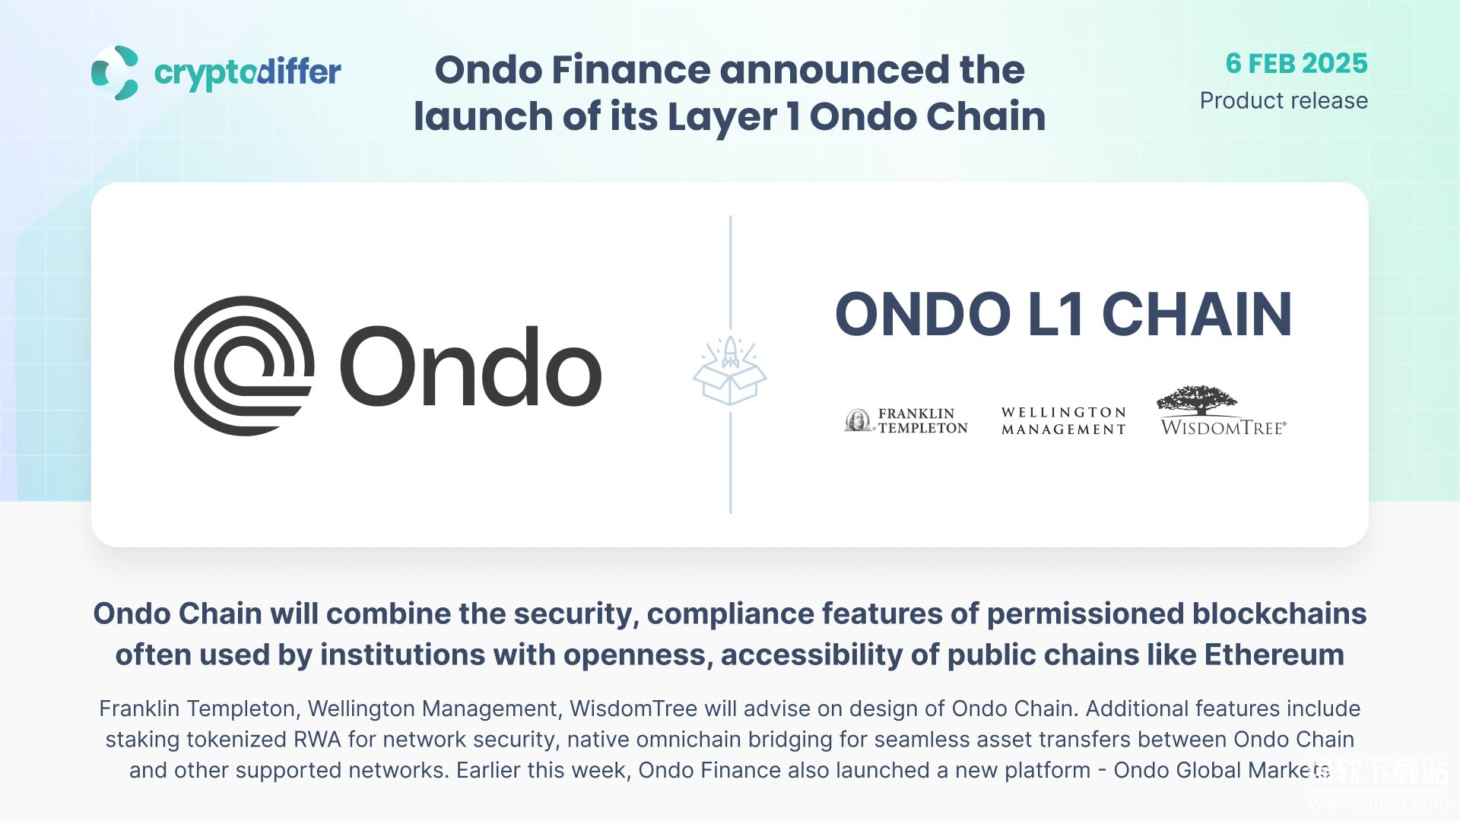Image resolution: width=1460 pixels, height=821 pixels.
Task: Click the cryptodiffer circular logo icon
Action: [x=115, y=73]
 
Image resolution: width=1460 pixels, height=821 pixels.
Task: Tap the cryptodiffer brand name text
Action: [x=248, y=73]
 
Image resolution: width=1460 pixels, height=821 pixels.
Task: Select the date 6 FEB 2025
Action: [x=1297, y=63]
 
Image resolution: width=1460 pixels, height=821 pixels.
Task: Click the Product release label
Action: [x=1284, y=100]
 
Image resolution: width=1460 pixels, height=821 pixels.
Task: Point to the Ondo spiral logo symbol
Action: [x=244, y=366]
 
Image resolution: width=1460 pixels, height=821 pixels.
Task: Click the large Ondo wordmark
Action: [x=471, y=367]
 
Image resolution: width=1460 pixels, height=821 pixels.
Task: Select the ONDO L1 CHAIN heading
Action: [x=1064, y=314]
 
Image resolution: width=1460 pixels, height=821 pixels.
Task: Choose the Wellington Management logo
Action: [x=1064, y=420]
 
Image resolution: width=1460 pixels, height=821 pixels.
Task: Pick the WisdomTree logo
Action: [x=1223, y=410]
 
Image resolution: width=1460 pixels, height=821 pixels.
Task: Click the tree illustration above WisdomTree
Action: [x=1197, y=400]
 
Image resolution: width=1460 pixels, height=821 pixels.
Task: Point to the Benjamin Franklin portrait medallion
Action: [x=859, y=420]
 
